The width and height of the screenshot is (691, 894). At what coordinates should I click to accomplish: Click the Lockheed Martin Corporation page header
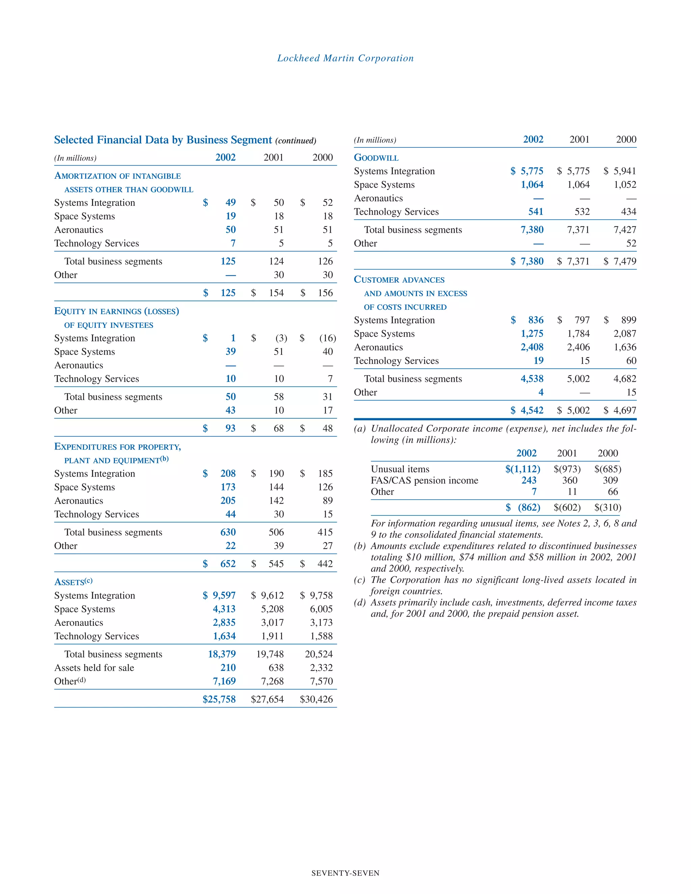(x=345, y=58)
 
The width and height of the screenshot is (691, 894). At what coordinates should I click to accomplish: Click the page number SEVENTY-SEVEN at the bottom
(x=345, y=873)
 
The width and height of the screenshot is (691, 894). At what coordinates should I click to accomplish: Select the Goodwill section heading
(x=376, y=158)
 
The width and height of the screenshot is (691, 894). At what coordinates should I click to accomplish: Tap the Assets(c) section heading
(x=73, y=582)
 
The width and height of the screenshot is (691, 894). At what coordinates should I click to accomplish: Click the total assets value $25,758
(x=219, y=699)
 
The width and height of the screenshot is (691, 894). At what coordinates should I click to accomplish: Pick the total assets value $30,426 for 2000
(x=316, y=699)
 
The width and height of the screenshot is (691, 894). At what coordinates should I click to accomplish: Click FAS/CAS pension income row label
(x=424, y=480)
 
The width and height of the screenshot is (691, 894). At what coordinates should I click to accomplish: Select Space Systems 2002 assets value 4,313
(x=224, y=609)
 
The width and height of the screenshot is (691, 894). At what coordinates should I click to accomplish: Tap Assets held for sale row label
(x=94, y=668)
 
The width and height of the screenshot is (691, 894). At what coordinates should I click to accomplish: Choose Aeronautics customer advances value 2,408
(x=532, y=347)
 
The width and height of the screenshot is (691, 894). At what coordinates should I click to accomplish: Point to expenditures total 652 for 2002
(x=228, y=564)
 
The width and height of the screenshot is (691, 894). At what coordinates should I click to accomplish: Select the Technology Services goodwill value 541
(x=535, y=212)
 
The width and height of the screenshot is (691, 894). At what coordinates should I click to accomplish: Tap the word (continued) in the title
(x=296, y=141)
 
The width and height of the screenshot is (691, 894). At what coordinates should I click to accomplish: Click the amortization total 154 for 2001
(x=276, y=293)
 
